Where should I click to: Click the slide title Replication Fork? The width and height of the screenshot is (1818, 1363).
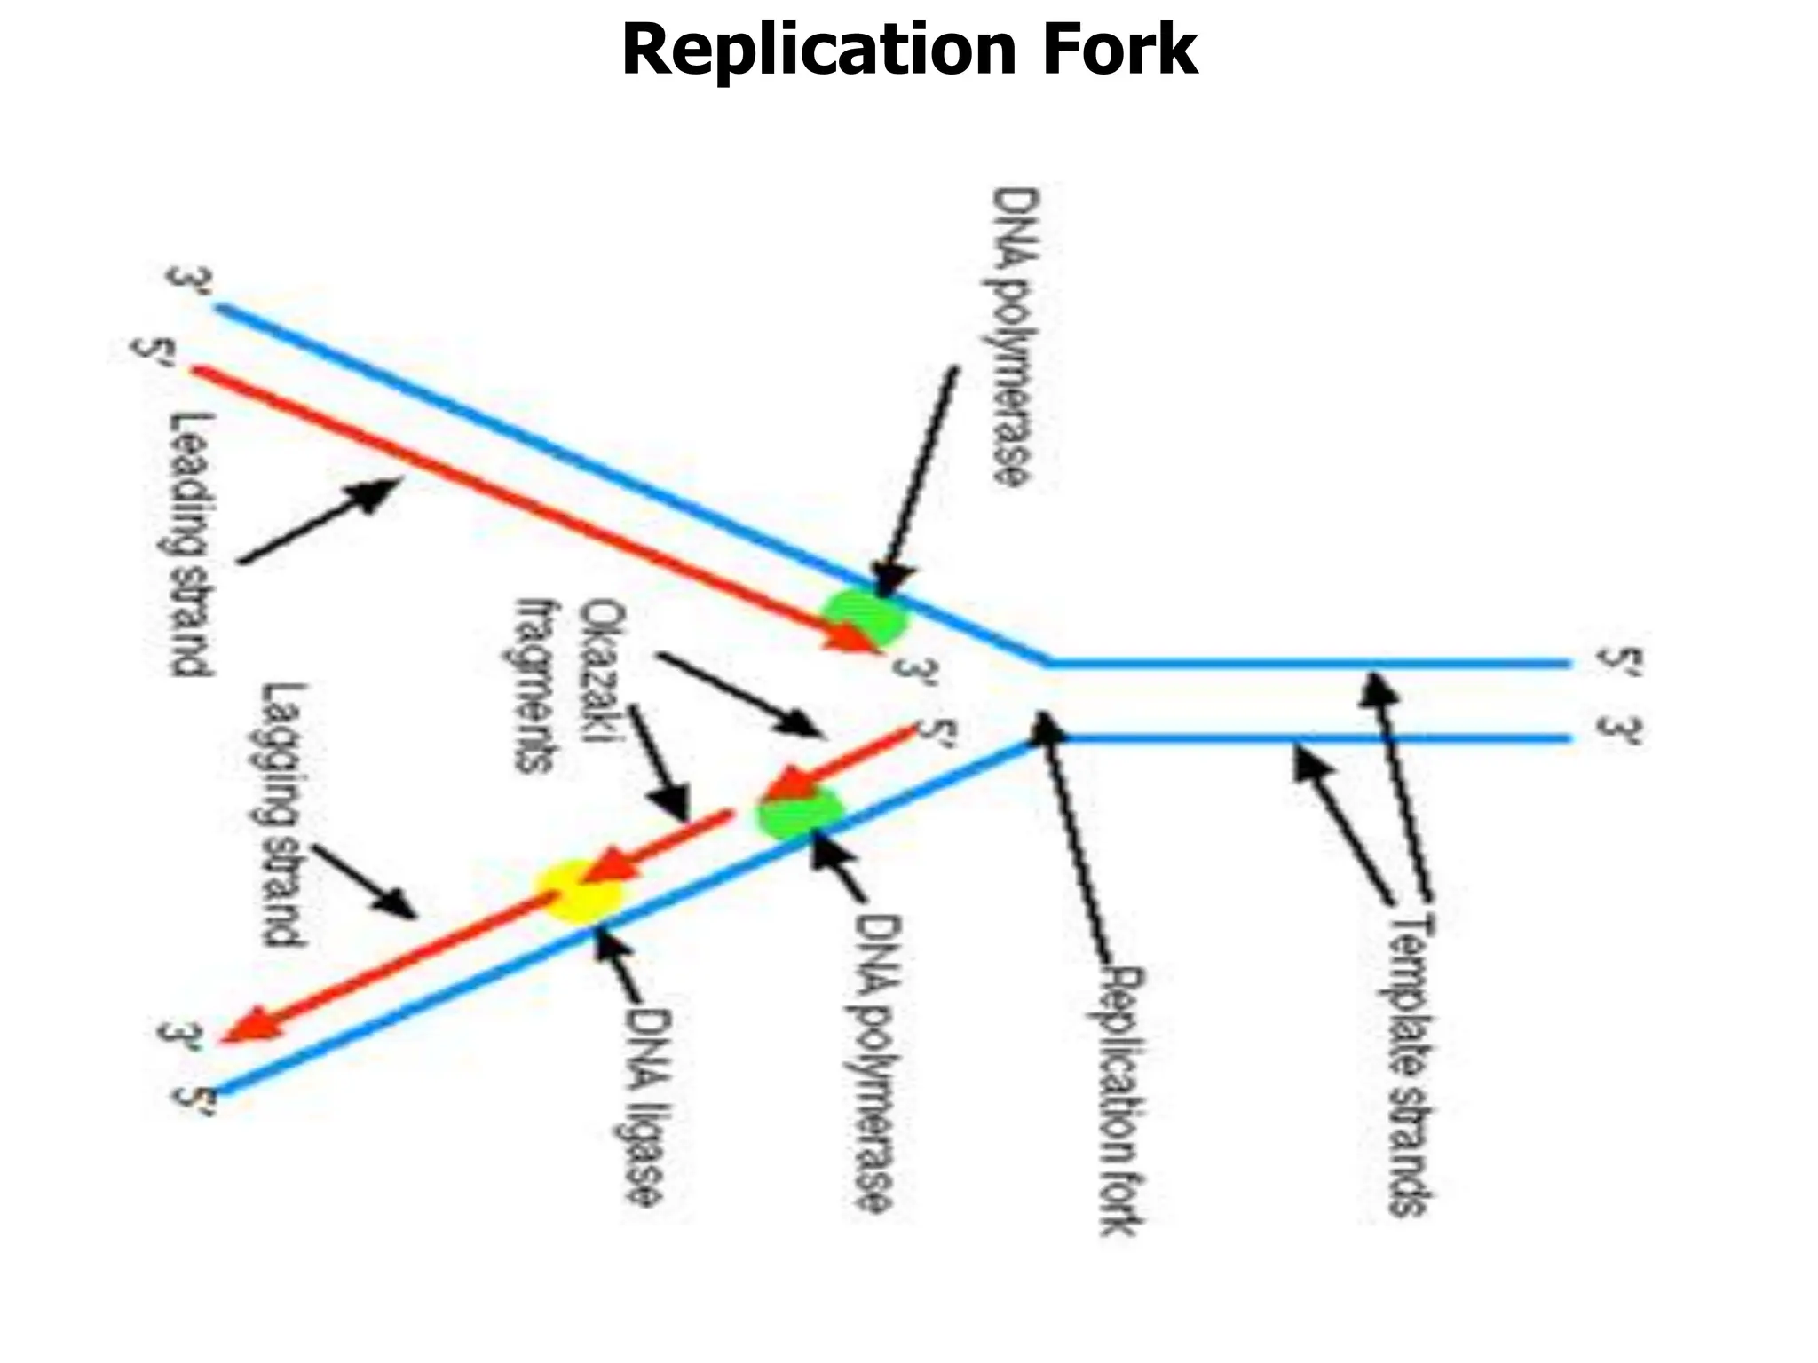909,51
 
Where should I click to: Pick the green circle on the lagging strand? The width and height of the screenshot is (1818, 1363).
798,811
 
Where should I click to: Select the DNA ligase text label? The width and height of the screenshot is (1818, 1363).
641,1106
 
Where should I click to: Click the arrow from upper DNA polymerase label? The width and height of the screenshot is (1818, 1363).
919,480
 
